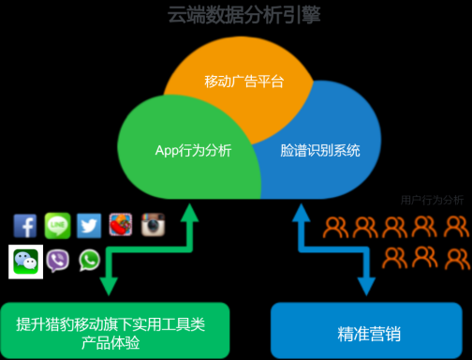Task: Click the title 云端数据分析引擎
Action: pos(236,16)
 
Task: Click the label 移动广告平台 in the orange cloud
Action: pos(243,82)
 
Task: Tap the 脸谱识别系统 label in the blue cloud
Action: pos(320,150)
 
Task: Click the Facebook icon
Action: pos(25,226)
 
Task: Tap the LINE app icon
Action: pos(57,226)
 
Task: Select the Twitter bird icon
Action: pos(89,226)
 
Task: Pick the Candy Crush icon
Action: pos(121,226)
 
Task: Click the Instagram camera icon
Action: pos(153,226)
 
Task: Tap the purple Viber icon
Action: pos(57,261)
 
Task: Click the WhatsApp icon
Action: pos(89,260)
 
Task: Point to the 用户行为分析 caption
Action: pos(432,200)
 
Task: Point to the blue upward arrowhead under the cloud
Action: pos(302,215)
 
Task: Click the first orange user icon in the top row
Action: pos(336,227)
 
